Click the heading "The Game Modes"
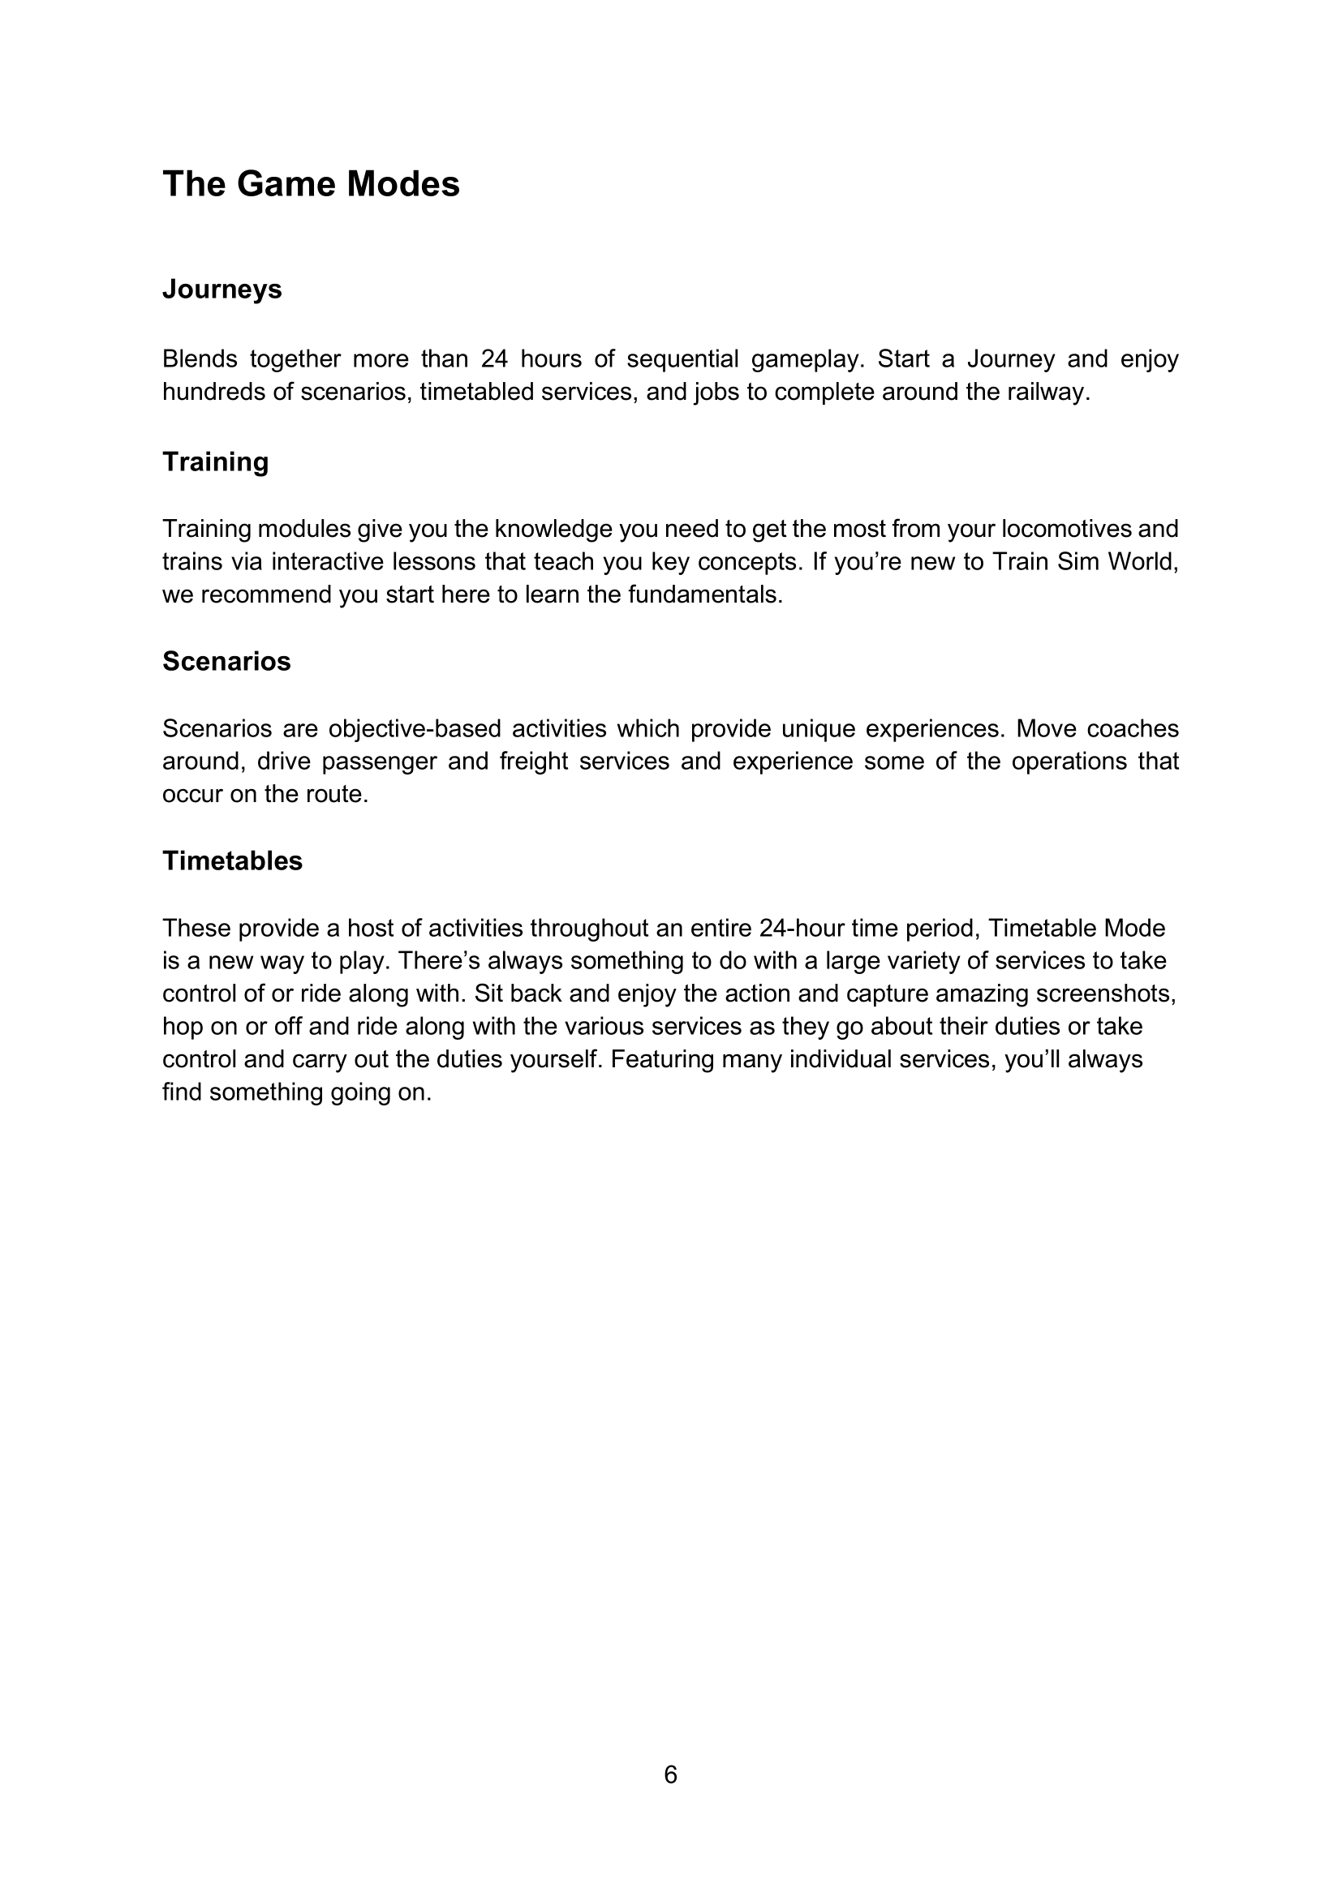[311, 183]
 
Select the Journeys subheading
[222, 290]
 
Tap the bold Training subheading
[215, 461]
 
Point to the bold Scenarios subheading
[226, 661]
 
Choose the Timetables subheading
[232, 861]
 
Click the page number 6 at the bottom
[670, 1774]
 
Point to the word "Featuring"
[662, 1059]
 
